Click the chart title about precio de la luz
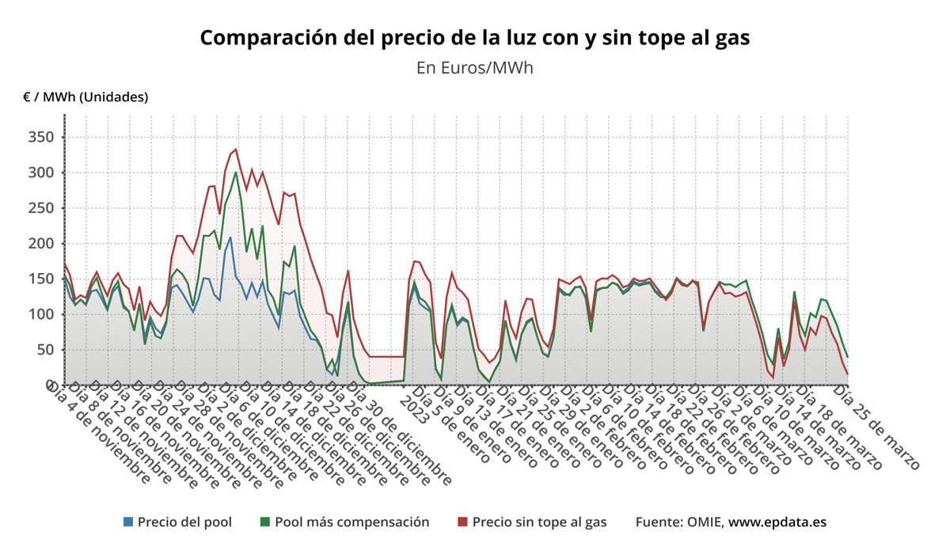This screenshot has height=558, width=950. (x=474, y=37)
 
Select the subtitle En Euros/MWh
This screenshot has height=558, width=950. (x=474, y=67)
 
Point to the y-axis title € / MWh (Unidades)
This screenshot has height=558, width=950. (x=85, y=97)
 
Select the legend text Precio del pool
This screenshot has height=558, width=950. (x=184, y=522)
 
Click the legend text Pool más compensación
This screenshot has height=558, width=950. (x=351, y=522)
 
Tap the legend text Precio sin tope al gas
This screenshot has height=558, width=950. (x=539, y=522)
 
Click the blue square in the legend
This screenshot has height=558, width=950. (x=128, y=522)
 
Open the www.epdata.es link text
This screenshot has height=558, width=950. (x=777, y=522)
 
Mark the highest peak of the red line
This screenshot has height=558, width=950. (x=236, y=149)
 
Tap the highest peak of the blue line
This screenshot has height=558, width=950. (x=230, y=237)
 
